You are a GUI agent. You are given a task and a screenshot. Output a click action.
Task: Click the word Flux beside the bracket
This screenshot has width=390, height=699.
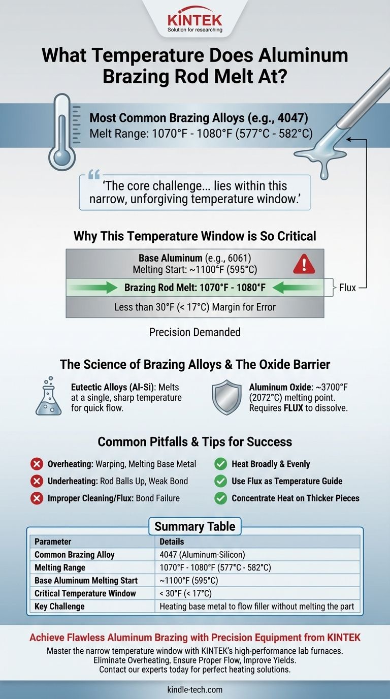pyautogui.click(x=348, y=288)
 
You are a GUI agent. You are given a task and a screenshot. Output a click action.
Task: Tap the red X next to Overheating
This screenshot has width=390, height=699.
pyautogui.click(x=36, y=464)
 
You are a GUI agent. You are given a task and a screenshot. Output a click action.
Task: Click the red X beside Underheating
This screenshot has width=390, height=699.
pyautogui.click(x=36, y=481)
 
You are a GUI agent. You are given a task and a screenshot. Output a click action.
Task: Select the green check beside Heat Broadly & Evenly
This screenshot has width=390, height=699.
pyautogui.click(x=220, y=464)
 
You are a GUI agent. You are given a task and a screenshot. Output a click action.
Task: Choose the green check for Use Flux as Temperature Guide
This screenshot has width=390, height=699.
pyautogui.click(x=220, y=481)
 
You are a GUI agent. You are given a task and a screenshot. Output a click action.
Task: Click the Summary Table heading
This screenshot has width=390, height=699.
pyautogui.click(x=194, y=526)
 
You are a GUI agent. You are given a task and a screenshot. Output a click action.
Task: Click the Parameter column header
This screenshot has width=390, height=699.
pyautogui.click(x=53, y=542)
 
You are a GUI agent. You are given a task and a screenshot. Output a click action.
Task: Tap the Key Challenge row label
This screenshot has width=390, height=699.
pyautogui.click(x=59, y=606)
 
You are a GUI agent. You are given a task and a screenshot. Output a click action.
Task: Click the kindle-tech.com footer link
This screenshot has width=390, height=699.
pyautogui.click(x=194, y=690)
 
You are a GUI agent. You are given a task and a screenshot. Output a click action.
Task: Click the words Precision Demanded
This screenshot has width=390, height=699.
pyautogui.click(x=194, y=332)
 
